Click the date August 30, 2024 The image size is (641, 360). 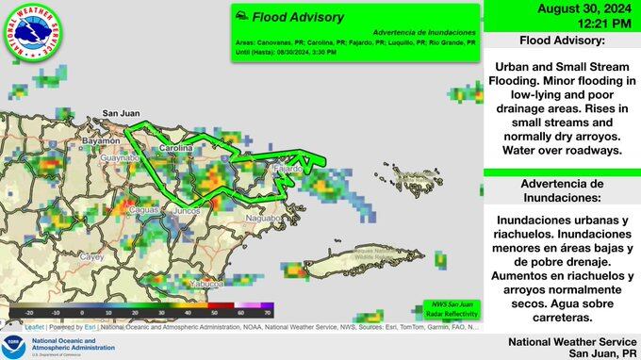562,9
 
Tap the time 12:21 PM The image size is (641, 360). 562,25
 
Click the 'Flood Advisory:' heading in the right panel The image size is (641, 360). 562,43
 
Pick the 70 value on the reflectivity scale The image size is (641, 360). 267,312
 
